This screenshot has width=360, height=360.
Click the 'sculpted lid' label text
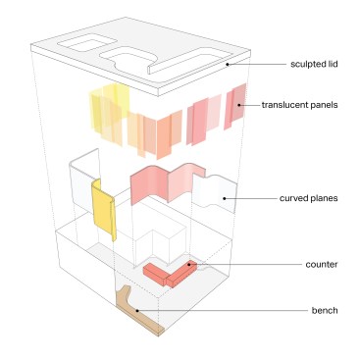click(314, 64)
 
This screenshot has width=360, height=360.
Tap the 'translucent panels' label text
click(299, 105)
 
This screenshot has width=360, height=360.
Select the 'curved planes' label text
click(308, 198)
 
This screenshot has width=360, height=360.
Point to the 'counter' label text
click(322, 264)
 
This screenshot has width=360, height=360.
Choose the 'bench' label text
click(325, 310)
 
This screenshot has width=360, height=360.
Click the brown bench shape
click(134, 309)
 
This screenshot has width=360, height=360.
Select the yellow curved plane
click(104, 209)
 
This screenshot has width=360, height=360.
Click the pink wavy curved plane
click(167, 184)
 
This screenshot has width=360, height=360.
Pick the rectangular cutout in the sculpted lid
click(87, 44)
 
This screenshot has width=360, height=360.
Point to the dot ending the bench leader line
click(137, 310)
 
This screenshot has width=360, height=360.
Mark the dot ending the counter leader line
click(189, 264)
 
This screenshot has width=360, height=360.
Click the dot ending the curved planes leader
click(225, 198)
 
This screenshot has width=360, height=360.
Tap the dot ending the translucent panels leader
click(239, 105)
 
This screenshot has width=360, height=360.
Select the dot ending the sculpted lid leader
click(228, 65)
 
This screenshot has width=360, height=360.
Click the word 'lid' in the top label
click(332, 64)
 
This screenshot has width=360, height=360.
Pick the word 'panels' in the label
click(324, 105)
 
